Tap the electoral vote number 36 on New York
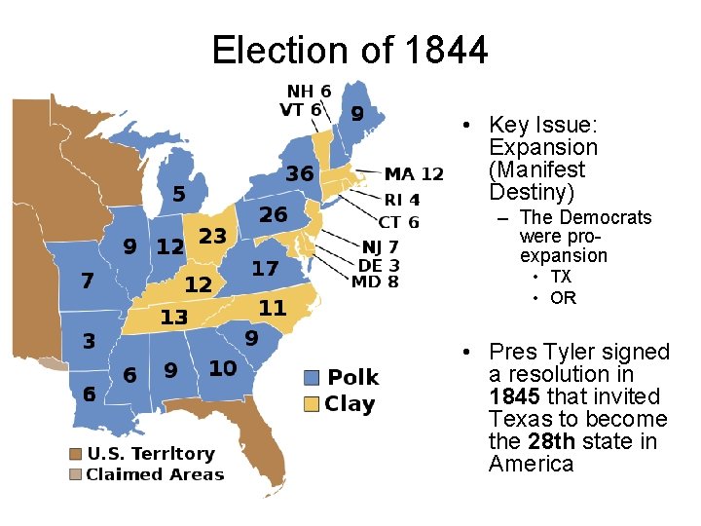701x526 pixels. point(299,173)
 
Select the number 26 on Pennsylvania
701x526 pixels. point(273,213)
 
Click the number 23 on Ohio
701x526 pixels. point(212,236)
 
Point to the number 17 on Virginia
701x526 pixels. point(265,268)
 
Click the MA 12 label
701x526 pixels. point(414,174)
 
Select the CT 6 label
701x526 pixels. point(399,223)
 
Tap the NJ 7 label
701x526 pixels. point(380,247)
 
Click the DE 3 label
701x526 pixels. point(379,265)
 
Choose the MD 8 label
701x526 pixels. point(379,282)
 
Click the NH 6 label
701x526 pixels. point(308,92)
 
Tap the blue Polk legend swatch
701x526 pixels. point(312,378)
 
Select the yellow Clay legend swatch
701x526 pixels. point(312,404)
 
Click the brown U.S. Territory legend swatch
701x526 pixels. point(75,454)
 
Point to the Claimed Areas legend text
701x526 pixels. point(155,474)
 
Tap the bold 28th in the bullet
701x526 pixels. point(548,442)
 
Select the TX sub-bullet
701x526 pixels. point(561,278)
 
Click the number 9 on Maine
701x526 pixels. point(357,114)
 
